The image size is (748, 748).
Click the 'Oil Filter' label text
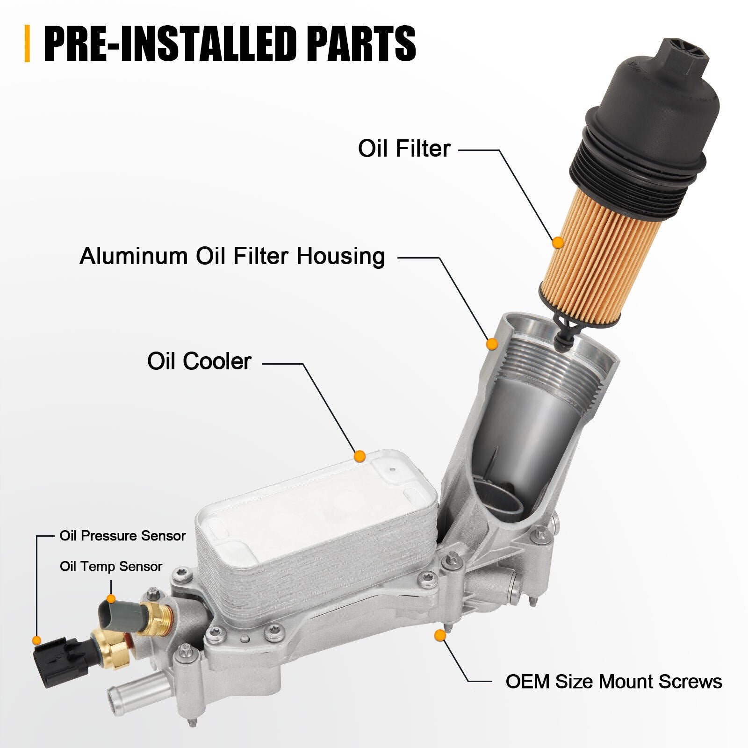pos(404,149)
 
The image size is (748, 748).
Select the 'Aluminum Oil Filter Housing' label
pos(232,256)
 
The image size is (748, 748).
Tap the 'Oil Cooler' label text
pos(200,361)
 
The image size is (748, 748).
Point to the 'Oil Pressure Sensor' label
pos(122,536)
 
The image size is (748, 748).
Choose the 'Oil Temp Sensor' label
pos(111,567)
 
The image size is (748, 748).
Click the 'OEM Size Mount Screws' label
pos(614,682)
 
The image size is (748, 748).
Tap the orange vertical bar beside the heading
pos(27,43)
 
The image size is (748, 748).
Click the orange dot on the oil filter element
pos(557,243)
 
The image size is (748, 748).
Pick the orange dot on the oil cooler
pos(360,456)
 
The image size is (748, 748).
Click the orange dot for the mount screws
pos(439,635)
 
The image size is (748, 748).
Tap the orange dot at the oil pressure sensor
pos(36,640)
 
